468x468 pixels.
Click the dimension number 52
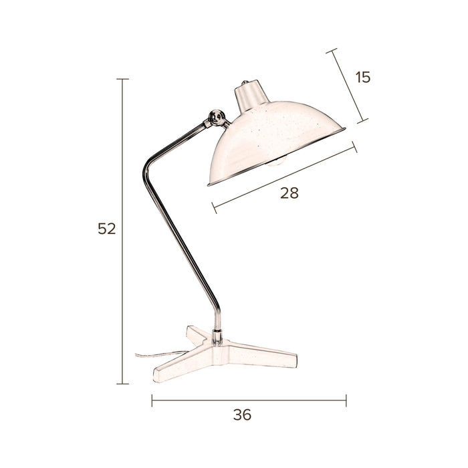coord(106,229)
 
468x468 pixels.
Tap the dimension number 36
coord(242,415)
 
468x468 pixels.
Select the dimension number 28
coord(289,193)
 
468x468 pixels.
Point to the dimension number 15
coord(363,78)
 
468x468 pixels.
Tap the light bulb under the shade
coord(277,162)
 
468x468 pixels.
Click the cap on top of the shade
coord(251,96)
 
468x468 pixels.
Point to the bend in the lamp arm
coord(148,168)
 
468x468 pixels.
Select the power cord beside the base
coord(158,354)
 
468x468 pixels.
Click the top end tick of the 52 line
coord(122,79)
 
